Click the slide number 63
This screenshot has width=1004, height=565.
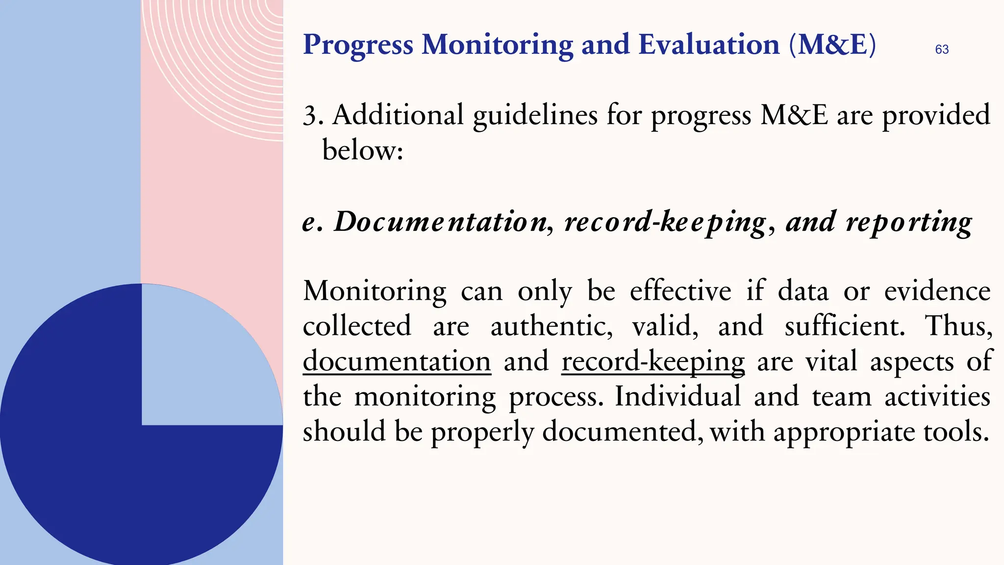click(x=942, y=50)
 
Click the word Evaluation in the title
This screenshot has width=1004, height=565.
click(x=709, y=45)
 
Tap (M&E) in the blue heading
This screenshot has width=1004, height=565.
click(x=832, y=45)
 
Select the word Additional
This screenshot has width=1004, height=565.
click(x=398, y=115)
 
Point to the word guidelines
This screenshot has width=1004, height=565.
click(x=535, y=116)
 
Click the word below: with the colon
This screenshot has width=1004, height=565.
click(x=362, y=150)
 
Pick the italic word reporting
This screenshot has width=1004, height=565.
click(x=908, y=222)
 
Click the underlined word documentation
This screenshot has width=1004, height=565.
click(x=397, y=361)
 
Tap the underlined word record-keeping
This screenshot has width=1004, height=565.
click(x=653, y=361)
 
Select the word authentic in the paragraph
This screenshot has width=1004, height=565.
click(x=551, y=326)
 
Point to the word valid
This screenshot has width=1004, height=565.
click(x=665, y=326)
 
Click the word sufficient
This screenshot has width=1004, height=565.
click(x=844, y=326)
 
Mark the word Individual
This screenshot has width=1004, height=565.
click(x=678, y=396)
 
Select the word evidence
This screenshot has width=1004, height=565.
click(x=937, y=291)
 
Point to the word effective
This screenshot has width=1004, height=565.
click(x=680, y=291)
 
